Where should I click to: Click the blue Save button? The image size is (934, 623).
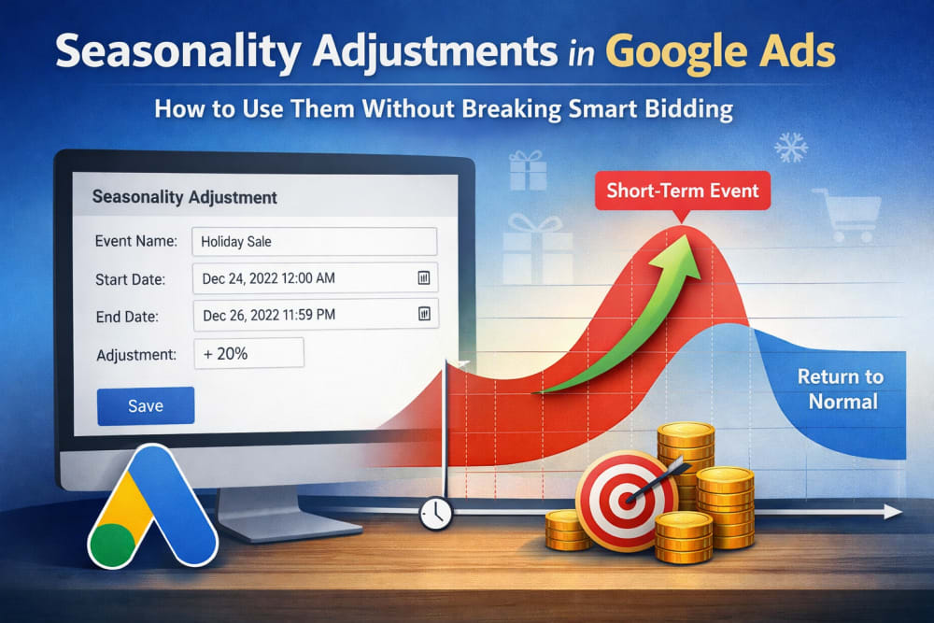[x=146, y=405]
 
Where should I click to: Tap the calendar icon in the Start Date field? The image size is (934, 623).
[x=422, y=278]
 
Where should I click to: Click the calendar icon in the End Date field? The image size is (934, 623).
[x=422, y=315]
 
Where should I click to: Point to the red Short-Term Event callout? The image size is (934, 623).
[x=683, y=191]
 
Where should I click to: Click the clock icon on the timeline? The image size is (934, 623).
[x=436, y=513]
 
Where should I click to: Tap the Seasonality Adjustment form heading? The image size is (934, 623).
[x=185, y=198]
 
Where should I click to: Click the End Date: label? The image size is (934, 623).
[x=127, y=317]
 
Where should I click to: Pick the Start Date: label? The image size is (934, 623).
[x=131, y=279]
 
